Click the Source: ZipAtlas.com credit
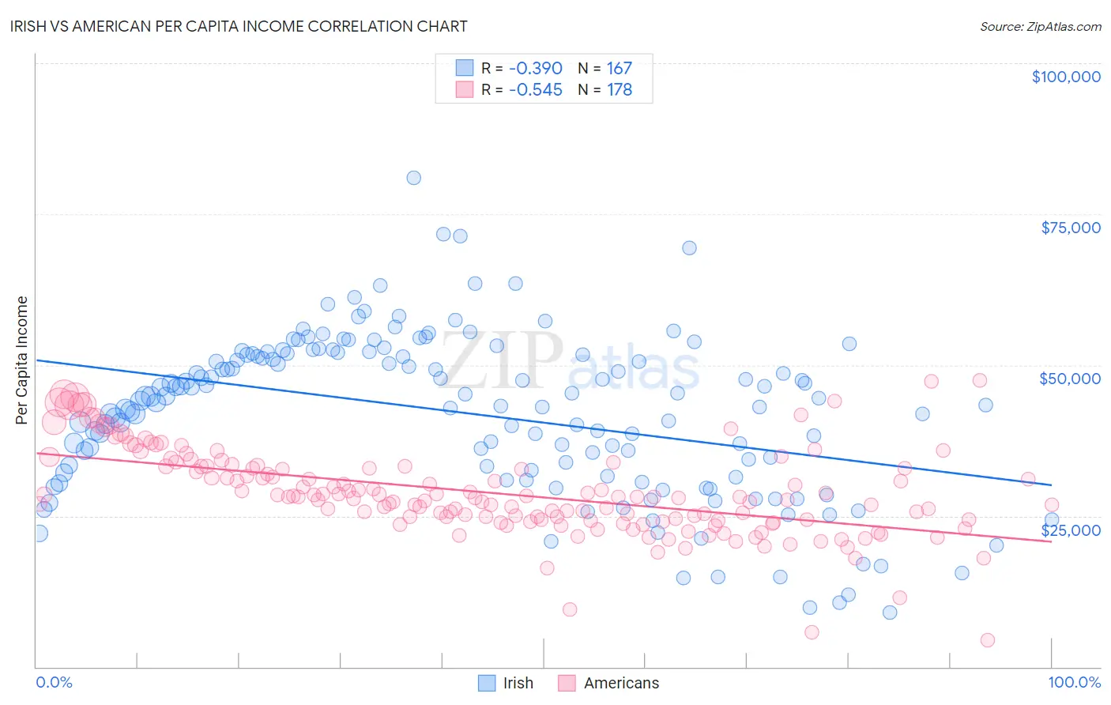[1040, 26]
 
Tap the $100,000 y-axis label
[1065, 77]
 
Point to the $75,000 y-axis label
[1070, 228]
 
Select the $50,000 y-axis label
[1069, 379]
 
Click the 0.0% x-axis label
[54, 682]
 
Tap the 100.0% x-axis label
[1074, 682]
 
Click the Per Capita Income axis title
[22, 360]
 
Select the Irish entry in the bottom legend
[518, 683]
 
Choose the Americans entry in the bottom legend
[621, 683]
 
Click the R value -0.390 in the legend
[535, 68]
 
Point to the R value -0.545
[535, 89]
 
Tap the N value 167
[619, 68]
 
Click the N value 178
[619, 89]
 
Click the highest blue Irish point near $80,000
[413, 178]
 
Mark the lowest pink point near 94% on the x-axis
[987, 640]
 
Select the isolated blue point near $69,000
[689, 248]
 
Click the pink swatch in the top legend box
[464, 89]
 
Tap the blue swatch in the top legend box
[464, 68]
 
